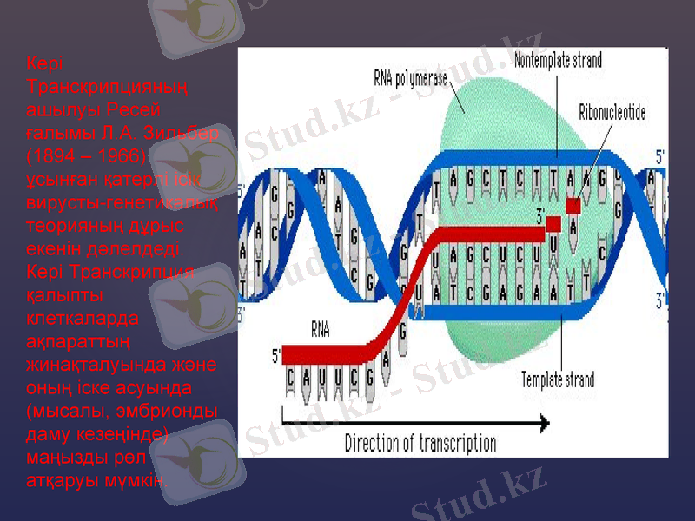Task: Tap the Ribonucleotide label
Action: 612,113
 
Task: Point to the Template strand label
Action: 558,379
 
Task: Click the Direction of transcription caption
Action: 420,444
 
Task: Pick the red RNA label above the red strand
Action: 321,330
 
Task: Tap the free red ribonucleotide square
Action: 572,205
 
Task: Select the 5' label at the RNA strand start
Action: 276,354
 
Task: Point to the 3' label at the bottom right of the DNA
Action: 662,300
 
